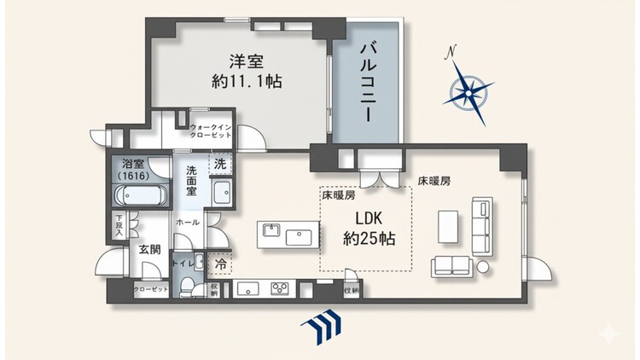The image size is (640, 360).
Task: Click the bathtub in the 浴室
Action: click(137, 195)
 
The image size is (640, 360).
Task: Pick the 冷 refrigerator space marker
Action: click(220, 264)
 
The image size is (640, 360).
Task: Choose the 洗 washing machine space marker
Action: click(220, 163)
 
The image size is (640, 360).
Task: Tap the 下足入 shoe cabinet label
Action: click(119, 228)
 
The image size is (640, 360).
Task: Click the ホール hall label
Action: click(187, 222)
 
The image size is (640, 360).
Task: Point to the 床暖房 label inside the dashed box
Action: click(339, 195)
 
